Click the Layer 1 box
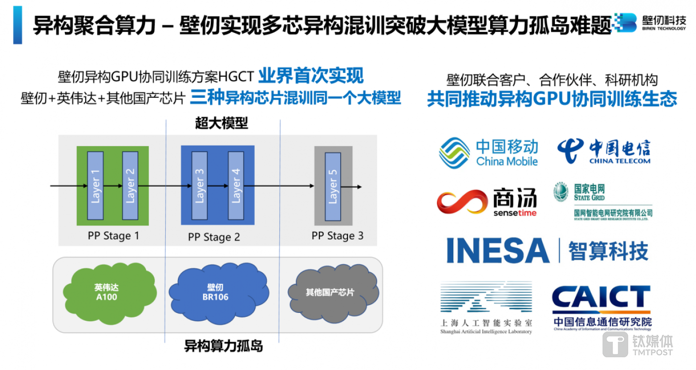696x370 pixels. pos(95,185)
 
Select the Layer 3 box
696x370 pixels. pos(199,185)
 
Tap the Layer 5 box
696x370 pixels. pos(333,185)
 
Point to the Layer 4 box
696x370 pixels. pos(235,185)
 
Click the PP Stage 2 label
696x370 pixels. pos(214,237)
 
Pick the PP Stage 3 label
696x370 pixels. pos(337,236)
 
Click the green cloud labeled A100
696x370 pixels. pos(106,292)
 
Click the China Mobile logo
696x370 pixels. pos(488,152)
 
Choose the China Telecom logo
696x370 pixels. pos(604,151)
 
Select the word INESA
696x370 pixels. pos(498,251)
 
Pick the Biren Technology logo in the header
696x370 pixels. pos(650,21)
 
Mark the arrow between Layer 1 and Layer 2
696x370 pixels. pos(112,185)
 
